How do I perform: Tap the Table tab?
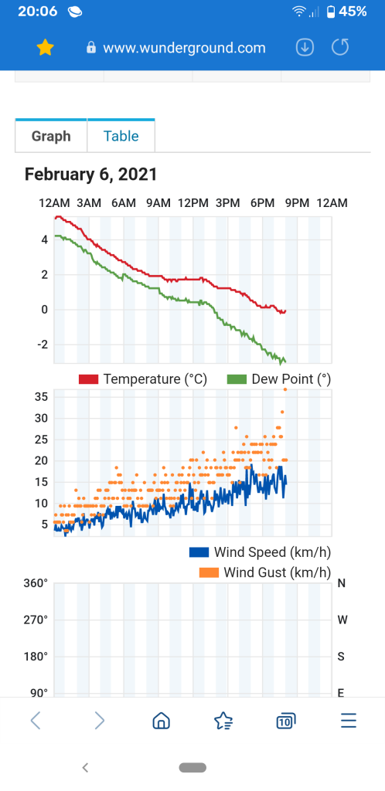(121, 136)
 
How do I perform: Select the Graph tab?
(51, 136)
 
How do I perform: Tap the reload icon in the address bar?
(340, 47)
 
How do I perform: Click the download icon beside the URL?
(305, 47)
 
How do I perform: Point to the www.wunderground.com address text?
(184, 48)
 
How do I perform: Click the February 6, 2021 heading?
(90, 175)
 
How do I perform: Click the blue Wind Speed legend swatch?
(199, 552)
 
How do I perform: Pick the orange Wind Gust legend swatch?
(209, 572)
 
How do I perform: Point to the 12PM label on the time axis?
(192, 203)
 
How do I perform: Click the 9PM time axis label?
(297, 203)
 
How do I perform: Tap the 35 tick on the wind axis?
(42, 396)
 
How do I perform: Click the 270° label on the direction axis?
(36, 620)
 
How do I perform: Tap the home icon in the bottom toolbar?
(161, 721)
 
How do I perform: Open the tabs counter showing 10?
(285, 721)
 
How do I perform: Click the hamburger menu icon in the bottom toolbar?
(349, 721)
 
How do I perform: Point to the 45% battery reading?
(353, 11)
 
